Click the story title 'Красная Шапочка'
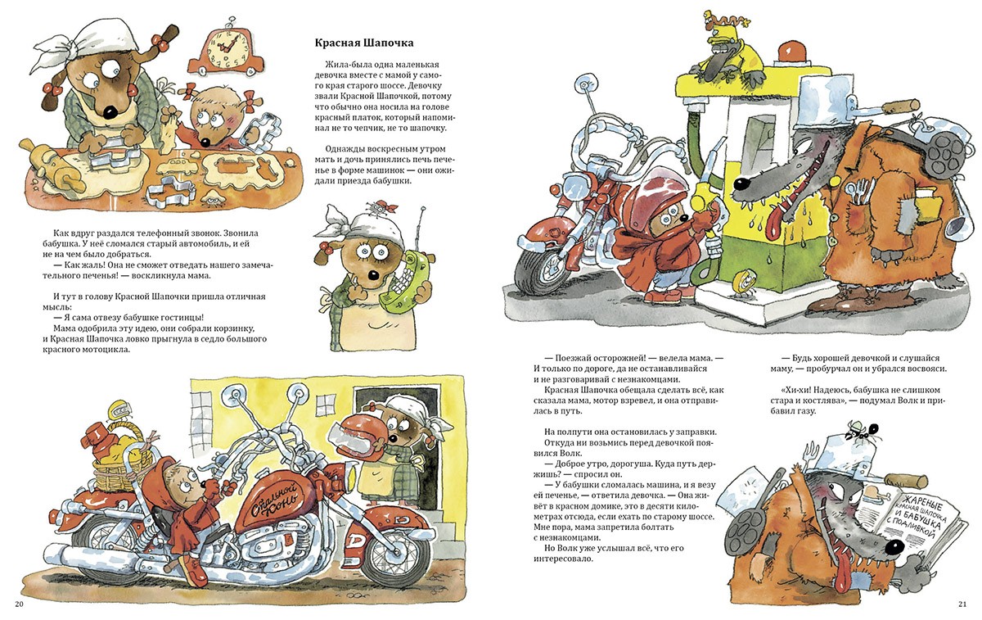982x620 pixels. click(x=364, y=43)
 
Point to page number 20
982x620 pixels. click(x=19, y=604)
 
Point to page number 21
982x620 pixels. click(x=962, y=604)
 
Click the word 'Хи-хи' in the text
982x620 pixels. click(x=795, y=390)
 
